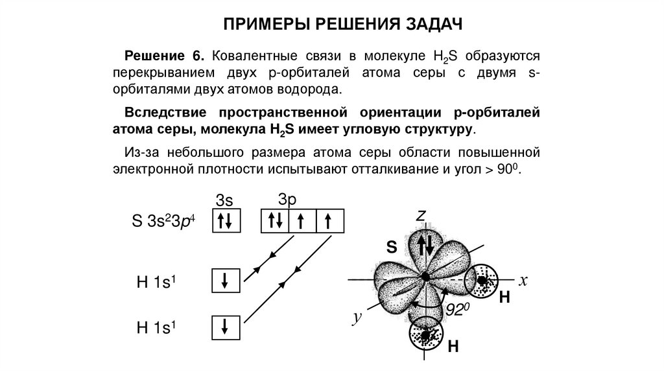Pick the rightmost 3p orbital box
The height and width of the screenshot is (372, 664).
click(328, 222)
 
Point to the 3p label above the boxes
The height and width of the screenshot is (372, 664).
click(289, 198)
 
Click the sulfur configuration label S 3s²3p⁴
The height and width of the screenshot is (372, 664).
click(163, 223)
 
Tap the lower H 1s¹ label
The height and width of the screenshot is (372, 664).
click(157, 327)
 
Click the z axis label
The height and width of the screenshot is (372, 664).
click(420, 215)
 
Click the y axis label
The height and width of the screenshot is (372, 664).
click(357, 317)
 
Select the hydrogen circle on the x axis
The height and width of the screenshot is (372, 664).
click(484, 281)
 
